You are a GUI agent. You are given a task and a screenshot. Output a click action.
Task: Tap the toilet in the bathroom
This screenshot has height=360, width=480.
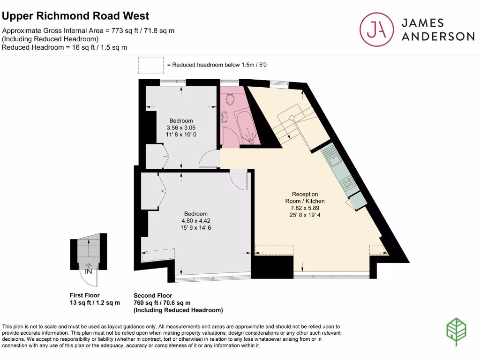(x=230, y=99)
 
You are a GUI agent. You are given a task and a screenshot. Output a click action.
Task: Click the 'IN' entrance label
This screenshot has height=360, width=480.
(x=88, y=270)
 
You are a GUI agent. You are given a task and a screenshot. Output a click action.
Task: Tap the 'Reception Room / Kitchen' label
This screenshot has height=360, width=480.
(x=305, y=197)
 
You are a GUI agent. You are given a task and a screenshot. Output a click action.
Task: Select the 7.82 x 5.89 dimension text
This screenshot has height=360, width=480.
(x=305, y=208)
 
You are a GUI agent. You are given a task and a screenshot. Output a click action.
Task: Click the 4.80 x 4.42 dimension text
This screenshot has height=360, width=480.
(x=195, y=221)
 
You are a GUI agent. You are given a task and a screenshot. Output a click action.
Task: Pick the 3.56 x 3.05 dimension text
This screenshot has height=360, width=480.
(x=181, y=127)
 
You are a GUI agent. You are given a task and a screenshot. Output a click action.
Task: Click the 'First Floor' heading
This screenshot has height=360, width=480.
(x=85, y=295)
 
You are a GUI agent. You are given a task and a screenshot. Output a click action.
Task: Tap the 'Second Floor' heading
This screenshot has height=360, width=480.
(x=153, y=295)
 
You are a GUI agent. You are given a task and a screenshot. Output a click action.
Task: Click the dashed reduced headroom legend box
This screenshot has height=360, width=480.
(x=151, y=65)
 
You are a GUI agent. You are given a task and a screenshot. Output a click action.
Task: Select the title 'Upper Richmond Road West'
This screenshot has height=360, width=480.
(x=76, y=16)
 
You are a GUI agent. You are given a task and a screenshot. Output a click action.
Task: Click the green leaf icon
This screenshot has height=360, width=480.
(x=455, y=331)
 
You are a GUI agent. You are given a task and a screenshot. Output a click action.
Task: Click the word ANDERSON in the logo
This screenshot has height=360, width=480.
(x=438, y=37)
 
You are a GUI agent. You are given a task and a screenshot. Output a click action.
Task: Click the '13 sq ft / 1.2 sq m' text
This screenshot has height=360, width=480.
(x=94, y=303)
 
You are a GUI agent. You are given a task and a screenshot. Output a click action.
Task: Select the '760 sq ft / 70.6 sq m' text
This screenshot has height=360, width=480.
(x=162, y=303)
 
